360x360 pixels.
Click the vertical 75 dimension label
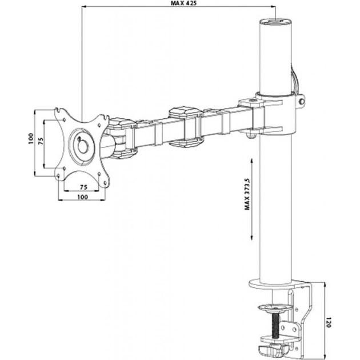41,142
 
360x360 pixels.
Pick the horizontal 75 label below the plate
82,187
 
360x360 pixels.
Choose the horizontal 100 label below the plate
82,197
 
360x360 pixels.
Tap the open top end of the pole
275,22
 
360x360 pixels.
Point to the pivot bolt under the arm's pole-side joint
251,135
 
